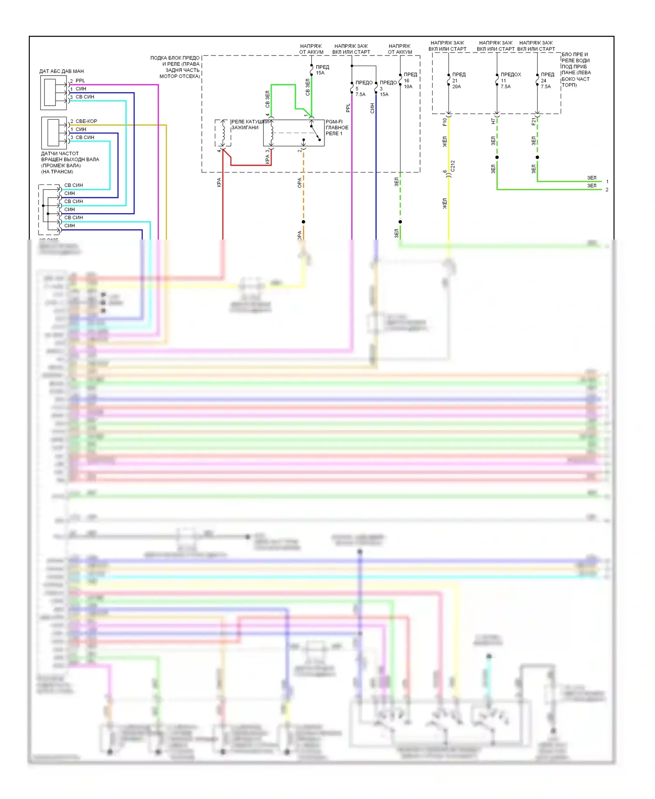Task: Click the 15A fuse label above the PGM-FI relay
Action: click(320, 73)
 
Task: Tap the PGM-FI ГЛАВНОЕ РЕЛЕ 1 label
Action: click(337, 128)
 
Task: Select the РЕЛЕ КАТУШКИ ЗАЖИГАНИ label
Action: click(250, 125)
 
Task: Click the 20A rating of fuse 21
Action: click(456, 87)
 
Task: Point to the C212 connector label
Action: click(453, 166)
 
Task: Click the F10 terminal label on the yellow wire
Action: click(445, 122)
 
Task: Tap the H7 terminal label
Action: click(493, 121)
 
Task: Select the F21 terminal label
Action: click(533, 122)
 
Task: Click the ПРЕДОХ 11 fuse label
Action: click(511, 75)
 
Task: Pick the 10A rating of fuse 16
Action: click(408, 87)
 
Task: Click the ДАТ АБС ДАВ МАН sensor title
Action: click(62, 71)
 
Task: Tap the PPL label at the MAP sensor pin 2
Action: click(80, 81)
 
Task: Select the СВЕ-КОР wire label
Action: click(86, 121)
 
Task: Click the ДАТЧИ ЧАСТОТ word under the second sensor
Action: click(60, 154)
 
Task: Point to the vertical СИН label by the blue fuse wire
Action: click(372, 108)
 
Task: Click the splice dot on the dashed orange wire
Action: click(303, 222)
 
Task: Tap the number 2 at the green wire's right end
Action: click(607, 190)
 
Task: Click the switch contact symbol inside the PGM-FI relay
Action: click(315, 133)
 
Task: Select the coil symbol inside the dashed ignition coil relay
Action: click(223, 132)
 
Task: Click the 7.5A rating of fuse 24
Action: click(546, 87)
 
